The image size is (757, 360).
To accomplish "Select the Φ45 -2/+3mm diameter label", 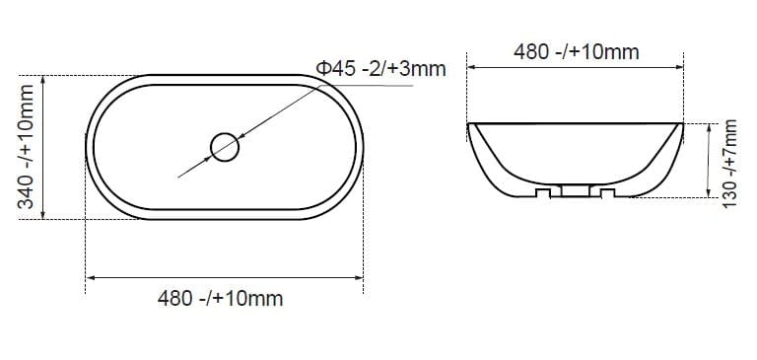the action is [380, 69].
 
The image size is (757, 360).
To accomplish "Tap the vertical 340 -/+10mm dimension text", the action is [26, 146].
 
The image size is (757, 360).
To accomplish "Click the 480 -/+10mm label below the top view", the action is [220, 299].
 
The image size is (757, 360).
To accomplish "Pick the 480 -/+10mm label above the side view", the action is [577, 52].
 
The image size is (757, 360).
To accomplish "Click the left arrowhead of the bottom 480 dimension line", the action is [91, 277].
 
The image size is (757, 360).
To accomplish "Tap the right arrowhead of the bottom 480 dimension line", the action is [358, 277].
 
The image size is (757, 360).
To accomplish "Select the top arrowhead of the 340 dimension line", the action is [43, 80].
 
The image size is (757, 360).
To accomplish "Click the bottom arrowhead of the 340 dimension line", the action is [43, 214].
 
